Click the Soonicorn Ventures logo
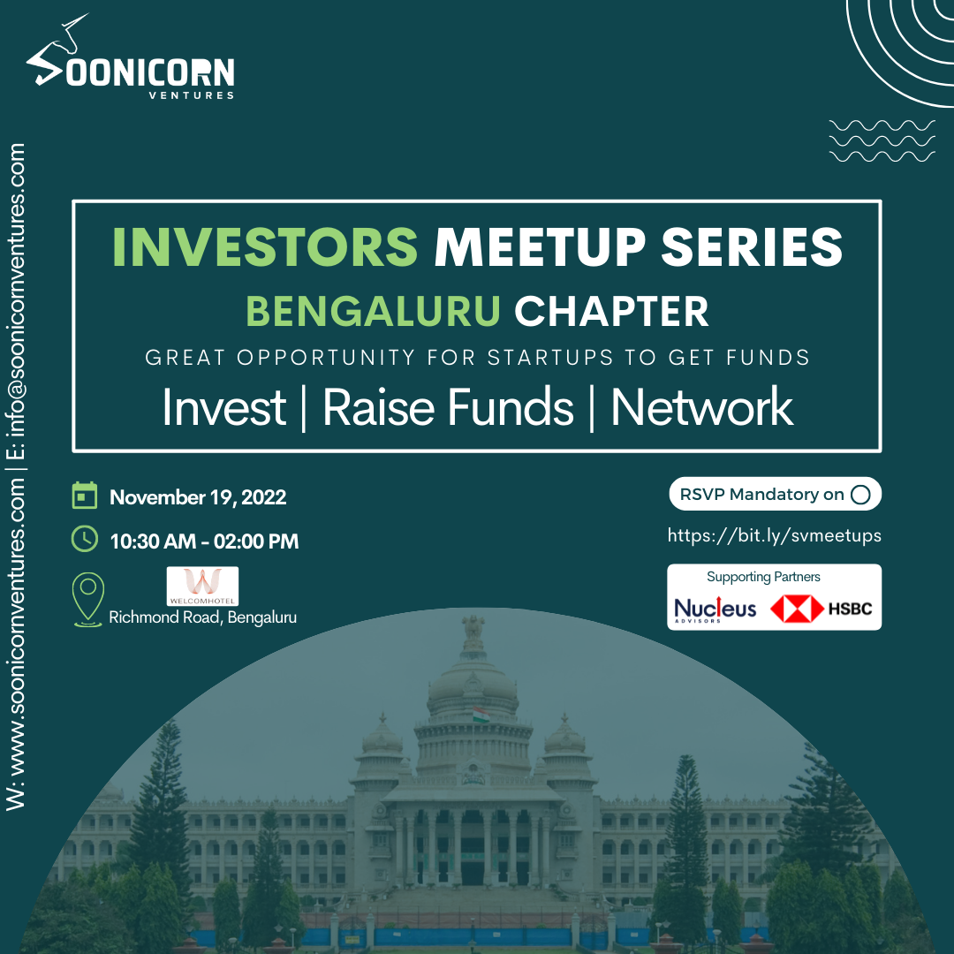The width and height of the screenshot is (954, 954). pyautogui.click(x=130, y=57)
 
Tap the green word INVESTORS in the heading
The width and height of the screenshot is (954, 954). pyautogui.click(x=265, y=247)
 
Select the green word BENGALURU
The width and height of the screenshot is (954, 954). pyautogui.click(x=373, y=312)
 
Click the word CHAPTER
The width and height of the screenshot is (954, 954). pyautogui.click(x=611, y=312)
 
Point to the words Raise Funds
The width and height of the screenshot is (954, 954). pyautogui.click(x=448, y=407)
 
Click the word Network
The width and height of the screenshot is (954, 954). pyautogui.click(x=701, y=407)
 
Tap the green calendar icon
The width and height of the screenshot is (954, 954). pyautogui.click(x=85, y=495)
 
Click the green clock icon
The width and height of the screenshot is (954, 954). pyautogui.click(x=85, y=539)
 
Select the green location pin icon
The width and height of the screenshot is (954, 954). pyautogui.click(x=88, y=599)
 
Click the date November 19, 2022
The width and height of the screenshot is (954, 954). pyautogui.click(x=198, y=497)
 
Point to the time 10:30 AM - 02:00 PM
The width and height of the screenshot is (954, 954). pyautogui.click(x=204, y=541)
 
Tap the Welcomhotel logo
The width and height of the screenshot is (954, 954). pyautogui.click(x=202, y=586)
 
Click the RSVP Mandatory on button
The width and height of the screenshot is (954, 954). pyautogui.click(x=775, y=494)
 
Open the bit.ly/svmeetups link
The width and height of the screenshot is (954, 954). pyautogui.click(x=775, y=535)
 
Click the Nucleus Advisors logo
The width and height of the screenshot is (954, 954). pyautogui.click(x=715, y=609)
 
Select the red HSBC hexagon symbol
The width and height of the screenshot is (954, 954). pyautogui.click(x=797, y=609)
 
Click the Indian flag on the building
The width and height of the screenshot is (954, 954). pyautogui.click(x=481, y=715)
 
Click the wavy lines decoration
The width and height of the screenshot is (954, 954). pyautogui.click(x=882, y=141)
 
